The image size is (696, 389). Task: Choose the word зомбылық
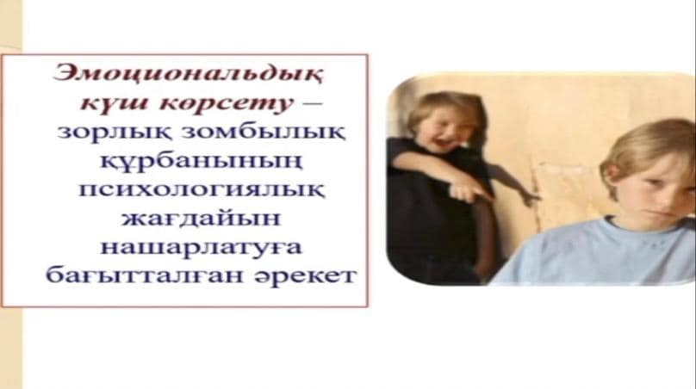coord(264,133)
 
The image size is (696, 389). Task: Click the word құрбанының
coord(201,161)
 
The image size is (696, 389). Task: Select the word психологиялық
coord(202,190)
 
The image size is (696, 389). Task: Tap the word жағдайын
coord(201,219)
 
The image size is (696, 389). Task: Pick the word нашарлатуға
coord(202,247)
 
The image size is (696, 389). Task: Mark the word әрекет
coord(306,276)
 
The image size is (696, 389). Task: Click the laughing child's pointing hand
coord(469,192)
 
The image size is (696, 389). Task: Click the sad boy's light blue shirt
coord(595,254)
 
